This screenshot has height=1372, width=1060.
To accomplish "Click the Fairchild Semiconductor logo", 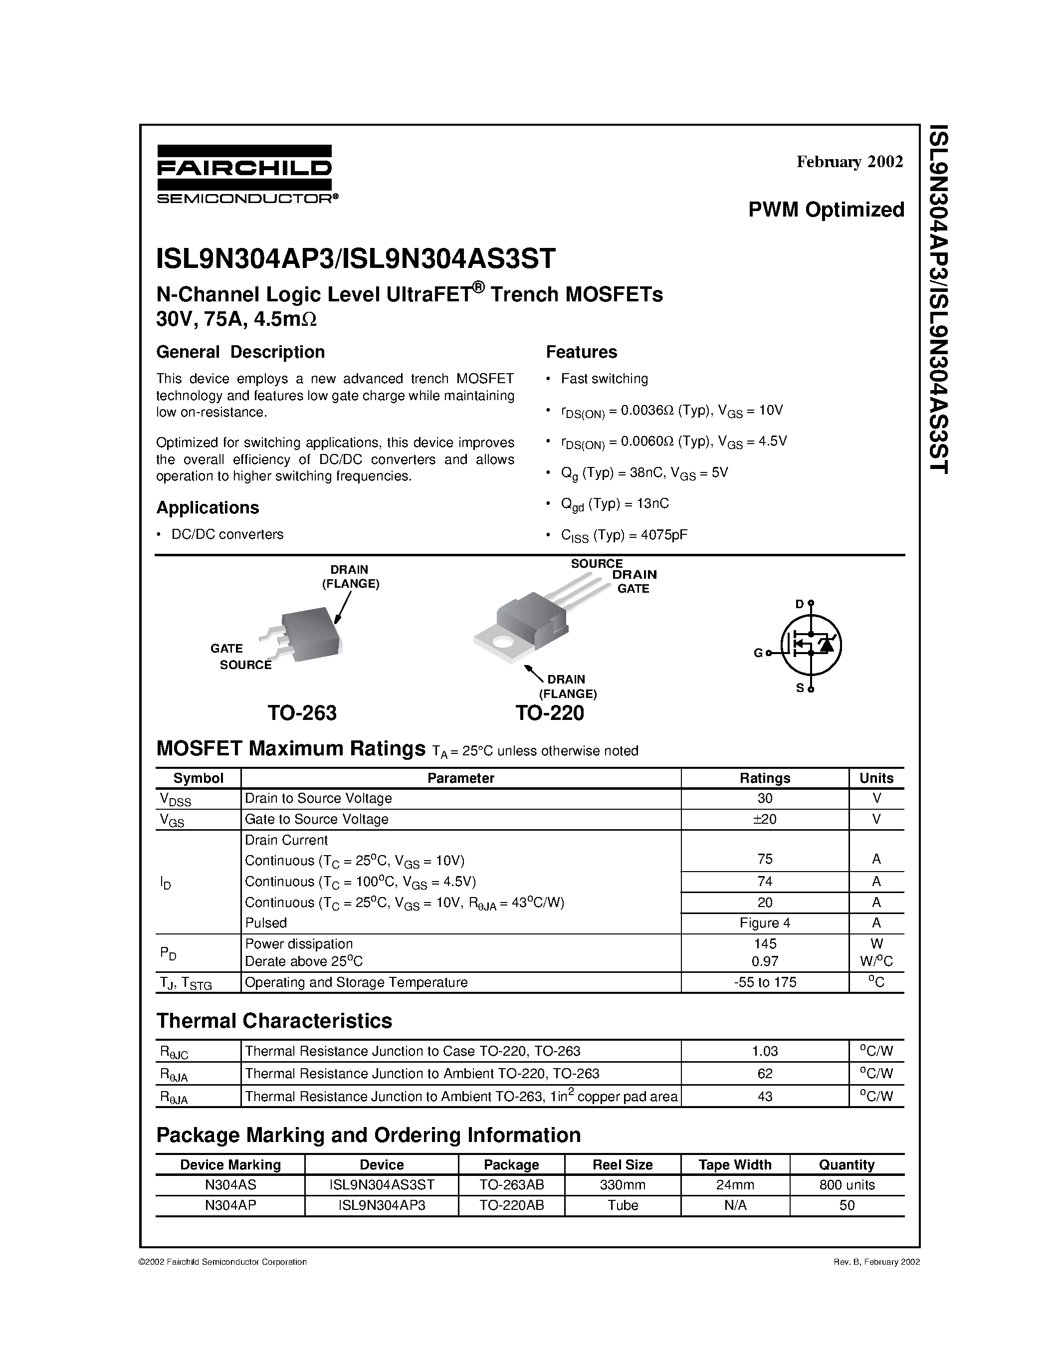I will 245,174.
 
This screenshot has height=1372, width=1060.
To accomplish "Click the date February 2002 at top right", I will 849,162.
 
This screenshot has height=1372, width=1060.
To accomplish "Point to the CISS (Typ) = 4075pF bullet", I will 624,535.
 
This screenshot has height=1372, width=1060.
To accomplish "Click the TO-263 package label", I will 302,713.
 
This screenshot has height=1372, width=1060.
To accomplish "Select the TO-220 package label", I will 550,713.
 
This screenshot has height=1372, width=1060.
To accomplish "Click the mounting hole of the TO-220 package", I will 502,643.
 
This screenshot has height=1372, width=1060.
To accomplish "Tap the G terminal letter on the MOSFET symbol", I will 758,654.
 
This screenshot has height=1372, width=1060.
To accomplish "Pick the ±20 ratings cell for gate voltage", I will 764,819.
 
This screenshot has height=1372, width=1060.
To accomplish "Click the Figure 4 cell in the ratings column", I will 764,923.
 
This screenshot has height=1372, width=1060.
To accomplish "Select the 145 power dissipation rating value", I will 765,943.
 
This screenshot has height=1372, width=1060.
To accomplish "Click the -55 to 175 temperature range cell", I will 764,982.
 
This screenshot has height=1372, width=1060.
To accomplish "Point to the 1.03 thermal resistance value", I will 764,1051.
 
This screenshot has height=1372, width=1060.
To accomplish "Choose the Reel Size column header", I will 623,1164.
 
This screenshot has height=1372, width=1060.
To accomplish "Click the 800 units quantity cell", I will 847,1185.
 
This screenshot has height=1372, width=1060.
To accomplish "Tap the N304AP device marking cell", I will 230,1205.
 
